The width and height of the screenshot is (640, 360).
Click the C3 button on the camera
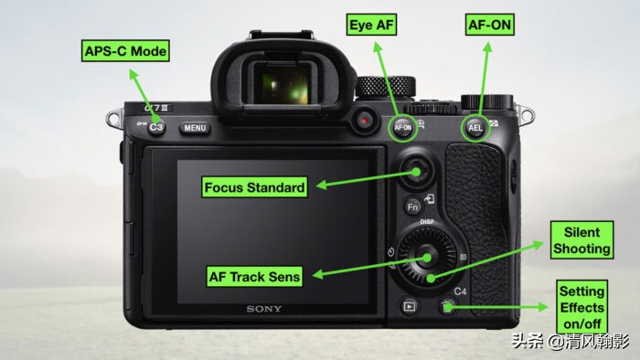click(x=156, y=127)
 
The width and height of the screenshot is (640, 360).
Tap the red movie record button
click(x=364, y=121)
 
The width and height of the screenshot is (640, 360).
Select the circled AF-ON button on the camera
click(x=403, y=128)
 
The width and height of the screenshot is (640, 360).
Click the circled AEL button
click(x=475, y=128)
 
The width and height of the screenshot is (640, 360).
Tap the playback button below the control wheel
click(x=410, y=306)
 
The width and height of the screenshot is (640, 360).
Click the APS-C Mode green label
click(x=125, y=51)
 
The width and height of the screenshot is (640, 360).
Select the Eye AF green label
click(x=371, y=25)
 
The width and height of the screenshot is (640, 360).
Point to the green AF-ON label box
click(x=489, y=25)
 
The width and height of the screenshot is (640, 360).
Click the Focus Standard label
click(x=254, y=187)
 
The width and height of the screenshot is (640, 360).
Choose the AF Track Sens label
click(x=254, y=277)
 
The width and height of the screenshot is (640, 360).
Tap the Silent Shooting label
click(x=581, y=240)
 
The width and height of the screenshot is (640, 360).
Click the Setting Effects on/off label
click(x=582, y=307)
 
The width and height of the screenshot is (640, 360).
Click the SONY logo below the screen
click(x=264, y=309)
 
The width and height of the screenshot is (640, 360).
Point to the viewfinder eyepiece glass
click(x=284, y=83)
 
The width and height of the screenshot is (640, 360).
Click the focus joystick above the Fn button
click(x=416, y=171)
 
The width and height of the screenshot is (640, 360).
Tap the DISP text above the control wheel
click(x=427, y=222)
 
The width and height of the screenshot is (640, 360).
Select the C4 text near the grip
click(x=460, y=291)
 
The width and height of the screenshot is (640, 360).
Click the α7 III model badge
click(x=155, y=108)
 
